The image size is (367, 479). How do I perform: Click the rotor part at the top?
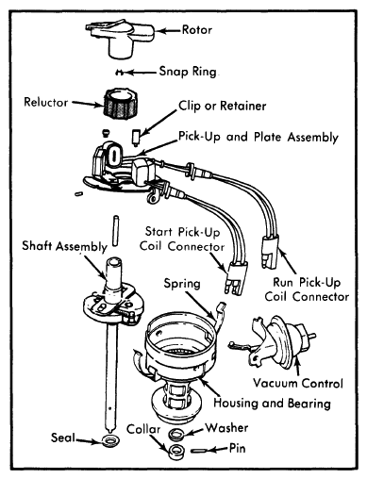click(x=120, y=37)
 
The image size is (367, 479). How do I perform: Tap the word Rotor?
click(x=197, y=30)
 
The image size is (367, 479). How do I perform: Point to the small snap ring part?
click(x=120, y=73)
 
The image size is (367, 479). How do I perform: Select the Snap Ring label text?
click(x=188, y=72)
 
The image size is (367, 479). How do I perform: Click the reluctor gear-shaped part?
click(x=121, y=103)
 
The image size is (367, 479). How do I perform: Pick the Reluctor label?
click(x=46, y=102)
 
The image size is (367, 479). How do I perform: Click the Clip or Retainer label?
click(x=223, y=106)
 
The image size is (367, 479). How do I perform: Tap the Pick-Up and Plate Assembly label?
click(x=259, y=137)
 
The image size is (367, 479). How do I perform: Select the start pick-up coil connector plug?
click(x=236, y=278)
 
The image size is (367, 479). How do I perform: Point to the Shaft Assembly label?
click(x=65, y=246)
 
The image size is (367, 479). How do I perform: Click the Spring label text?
click(x=182, y=284)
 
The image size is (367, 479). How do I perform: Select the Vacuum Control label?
click(x=298, y=383)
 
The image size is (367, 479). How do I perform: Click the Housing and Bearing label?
click(x=272, y=403)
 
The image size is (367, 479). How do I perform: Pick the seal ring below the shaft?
click(x=109, y=440)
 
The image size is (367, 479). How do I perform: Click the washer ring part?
click(x=176, y=434)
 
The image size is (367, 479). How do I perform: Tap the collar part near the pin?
click(x=176, y=452)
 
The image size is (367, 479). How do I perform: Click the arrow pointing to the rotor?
click(x=169, y=31)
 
